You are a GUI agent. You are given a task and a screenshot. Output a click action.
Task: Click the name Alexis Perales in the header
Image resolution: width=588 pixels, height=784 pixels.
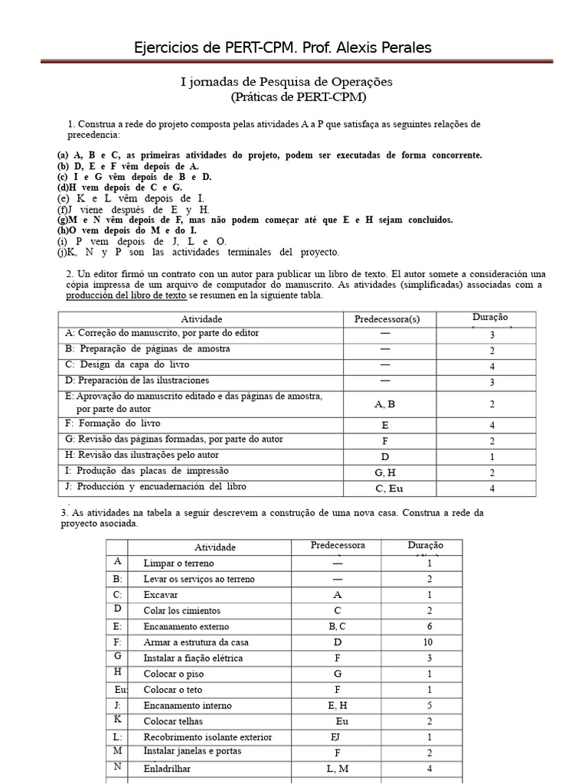(384, 47)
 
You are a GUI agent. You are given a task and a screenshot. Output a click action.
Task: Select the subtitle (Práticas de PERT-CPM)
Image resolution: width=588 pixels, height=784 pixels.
(299, 97)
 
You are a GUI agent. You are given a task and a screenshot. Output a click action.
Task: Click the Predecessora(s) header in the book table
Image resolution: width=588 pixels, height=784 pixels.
(387, 318)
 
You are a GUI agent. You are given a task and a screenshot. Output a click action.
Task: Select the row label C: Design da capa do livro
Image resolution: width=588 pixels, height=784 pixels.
(128, 364)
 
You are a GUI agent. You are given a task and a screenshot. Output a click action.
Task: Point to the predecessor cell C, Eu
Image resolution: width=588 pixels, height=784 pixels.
(387, 488)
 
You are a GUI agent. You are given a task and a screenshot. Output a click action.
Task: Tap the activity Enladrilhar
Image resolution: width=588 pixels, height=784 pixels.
(167, 769)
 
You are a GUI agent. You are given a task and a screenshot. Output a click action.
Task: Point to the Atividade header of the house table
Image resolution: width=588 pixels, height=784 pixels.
(215, 547)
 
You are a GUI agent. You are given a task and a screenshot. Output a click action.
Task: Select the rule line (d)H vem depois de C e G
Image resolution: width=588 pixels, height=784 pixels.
(120, 188)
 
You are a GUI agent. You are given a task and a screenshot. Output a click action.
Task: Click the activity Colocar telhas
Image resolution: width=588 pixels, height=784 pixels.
(176, 721)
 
